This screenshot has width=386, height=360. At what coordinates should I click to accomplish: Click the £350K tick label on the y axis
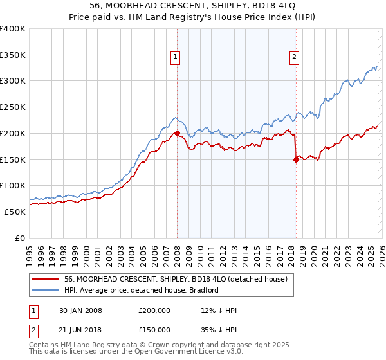click(x=13, y=55)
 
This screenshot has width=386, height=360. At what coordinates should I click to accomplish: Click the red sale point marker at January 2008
click(x=177, y=134)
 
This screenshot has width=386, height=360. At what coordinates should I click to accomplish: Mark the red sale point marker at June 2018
click(x=296, y=160)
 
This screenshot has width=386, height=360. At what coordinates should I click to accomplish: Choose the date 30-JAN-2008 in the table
click(x=80, y=310)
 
